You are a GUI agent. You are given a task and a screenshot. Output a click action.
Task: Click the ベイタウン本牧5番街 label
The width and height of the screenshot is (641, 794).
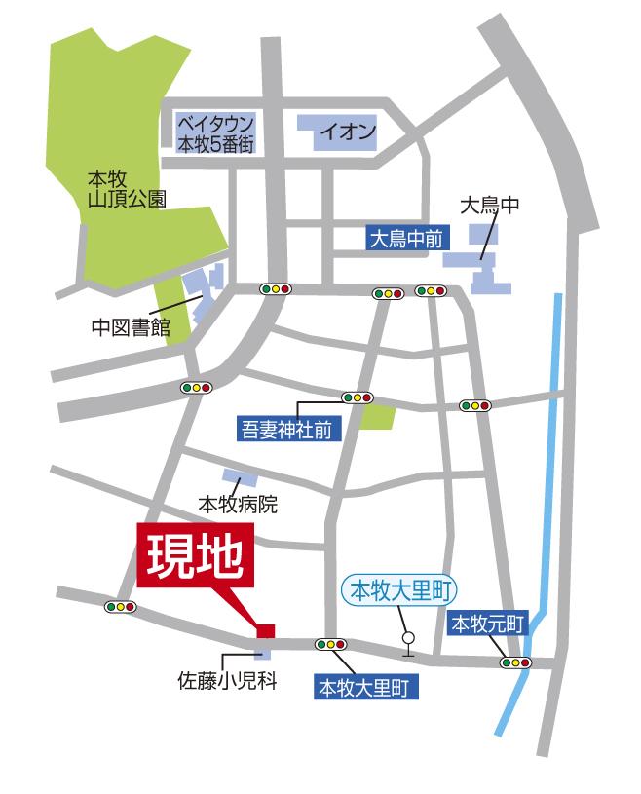(215, 133)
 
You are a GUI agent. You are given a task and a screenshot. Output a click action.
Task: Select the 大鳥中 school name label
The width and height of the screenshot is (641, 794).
(490, 207)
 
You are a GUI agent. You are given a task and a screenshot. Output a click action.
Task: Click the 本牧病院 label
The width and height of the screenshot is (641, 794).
(238, 505)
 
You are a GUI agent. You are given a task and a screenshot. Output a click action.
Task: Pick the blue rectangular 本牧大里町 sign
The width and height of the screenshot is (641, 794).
(366, 688)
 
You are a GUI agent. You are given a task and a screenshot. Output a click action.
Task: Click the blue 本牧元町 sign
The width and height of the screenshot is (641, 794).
(487, 624)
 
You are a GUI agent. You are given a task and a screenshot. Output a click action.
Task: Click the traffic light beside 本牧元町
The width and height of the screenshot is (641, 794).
(515, 662)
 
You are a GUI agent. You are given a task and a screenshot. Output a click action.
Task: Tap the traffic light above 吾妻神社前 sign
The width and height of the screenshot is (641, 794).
(358, 397)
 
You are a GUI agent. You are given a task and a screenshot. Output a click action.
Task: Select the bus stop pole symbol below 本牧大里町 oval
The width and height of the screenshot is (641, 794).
(408, 644)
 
